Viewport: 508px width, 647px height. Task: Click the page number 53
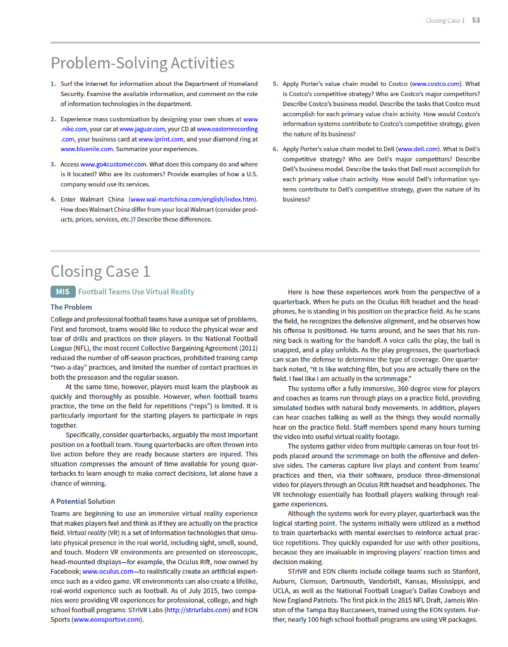476,20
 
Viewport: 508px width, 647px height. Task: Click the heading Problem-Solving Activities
142,63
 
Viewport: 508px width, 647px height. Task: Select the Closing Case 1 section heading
100,271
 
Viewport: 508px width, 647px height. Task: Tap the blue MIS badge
62,292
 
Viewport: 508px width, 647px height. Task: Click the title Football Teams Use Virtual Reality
136,292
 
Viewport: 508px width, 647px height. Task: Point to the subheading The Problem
71,307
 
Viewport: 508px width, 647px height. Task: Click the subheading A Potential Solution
83,501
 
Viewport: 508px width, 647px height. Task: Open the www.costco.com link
436,83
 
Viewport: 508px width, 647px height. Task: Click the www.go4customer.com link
113,165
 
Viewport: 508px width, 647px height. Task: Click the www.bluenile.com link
87,149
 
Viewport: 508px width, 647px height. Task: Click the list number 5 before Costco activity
275,83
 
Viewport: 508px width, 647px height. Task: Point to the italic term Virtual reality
72,533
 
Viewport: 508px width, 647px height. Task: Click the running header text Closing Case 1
445,20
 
